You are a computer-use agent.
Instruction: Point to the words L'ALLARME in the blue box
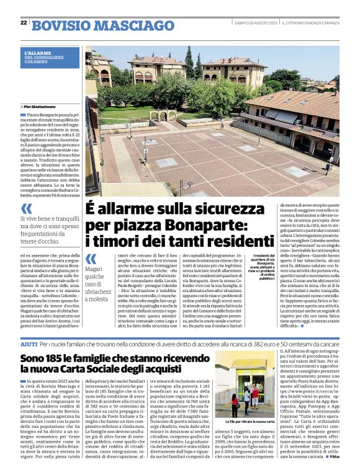pos(37,53)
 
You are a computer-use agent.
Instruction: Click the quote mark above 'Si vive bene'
pos(28,210)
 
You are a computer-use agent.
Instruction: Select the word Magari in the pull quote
pos(94,270)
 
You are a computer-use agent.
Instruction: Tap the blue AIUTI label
pos(29,343)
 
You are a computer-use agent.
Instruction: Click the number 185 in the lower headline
pos(54,358)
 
